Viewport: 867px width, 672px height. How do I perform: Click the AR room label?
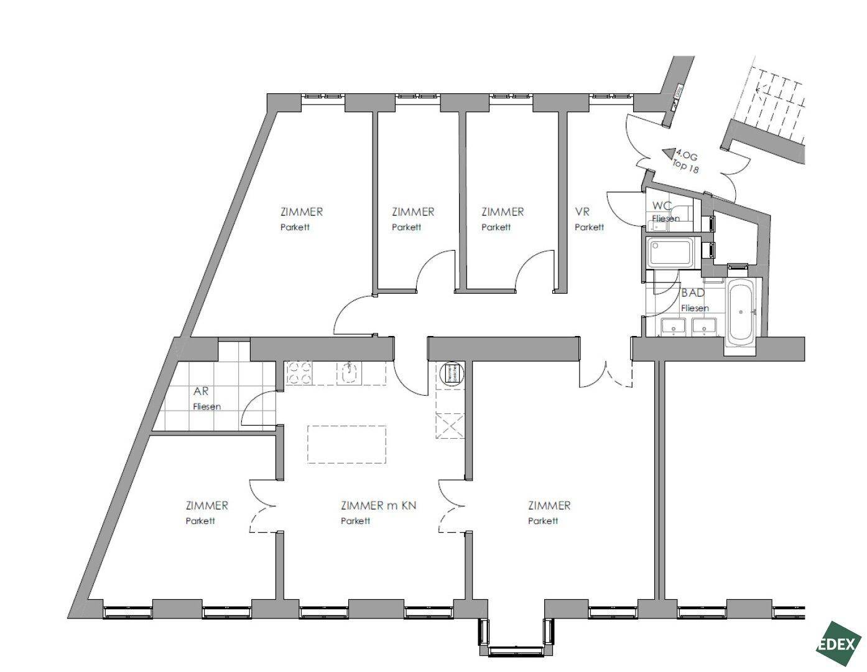[x=201, y=392]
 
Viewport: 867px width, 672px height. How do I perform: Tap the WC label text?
[x=662, y=206]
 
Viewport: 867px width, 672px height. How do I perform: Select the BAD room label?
[x=693, y=292]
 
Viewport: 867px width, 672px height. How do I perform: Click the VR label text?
[x=582, y=212]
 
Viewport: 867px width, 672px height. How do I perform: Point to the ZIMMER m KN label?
[x=379, y=505]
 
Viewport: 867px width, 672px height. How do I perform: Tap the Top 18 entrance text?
[x=685, y=166]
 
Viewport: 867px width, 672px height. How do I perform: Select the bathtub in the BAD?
[x=741, y=312]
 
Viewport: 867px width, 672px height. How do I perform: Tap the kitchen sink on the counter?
[x=350, y=373]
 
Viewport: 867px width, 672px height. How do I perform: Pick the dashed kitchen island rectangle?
[x=347, y=444]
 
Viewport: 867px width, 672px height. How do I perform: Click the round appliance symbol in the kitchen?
[x=451, y=374]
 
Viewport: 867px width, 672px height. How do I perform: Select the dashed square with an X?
[x=450, y=426]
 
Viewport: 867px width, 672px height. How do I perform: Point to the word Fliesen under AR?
[x=207, y=407]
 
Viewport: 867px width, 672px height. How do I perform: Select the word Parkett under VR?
[x=589, y=227]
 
